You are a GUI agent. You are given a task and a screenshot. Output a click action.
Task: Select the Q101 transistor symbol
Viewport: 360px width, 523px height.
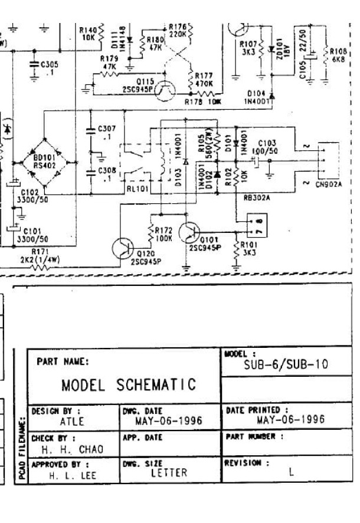[192, 233]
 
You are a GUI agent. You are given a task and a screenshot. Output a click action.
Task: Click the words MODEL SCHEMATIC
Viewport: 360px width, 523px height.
[129, 385]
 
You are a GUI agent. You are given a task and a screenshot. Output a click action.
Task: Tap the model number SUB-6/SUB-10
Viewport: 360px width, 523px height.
[286, 365]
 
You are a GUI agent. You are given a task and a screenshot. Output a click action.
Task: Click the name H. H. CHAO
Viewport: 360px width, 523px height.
[72, 449]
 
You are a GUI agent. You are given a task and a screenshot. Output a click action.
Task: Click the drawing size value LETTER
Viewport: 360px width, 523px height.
[168, 472]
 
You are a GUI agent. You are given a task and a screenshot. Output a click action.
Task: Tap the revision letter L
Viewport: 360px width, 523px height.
[292, 472]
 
